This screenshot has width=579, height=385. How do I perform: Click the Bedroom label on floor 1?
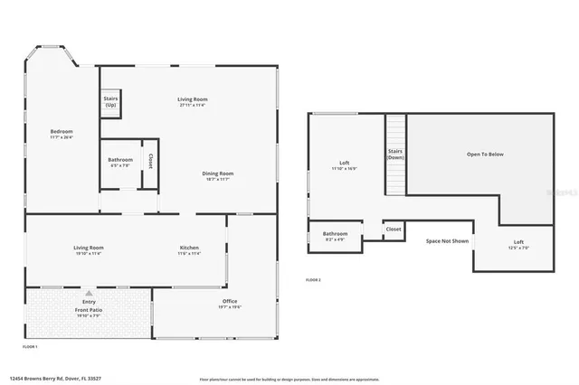click(62, 132)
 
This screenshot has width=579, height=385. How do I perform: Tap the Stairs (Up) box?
click(110, 102)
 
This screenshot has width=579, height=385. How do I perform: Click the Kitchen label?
click(189, 248)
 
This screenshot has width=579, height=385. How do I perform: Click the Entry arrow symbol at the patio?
click(89, 294)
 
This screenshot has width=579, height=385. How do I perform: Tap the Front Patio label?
click(89, 310)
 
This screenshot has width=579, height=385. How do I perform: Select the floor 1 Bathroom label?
click(120, 160)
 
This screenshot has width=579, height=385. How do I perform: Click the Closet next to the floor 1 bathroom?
click(150, 162)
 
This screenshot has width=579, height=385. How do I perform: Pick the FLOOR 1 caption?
click(30, 347)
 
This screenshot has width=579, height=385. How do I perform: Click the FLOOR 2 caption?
click(313, 280)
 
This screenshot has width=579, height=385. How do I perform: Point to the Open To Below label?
click(485, 155)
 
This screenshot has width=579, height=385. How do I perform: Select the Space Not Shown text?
click(447, 241)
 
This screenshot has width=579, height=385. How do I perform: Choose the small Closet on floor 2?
click(394, 230)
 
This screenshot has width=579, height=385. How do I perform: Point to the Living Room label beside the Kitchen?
click(89, 248)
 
